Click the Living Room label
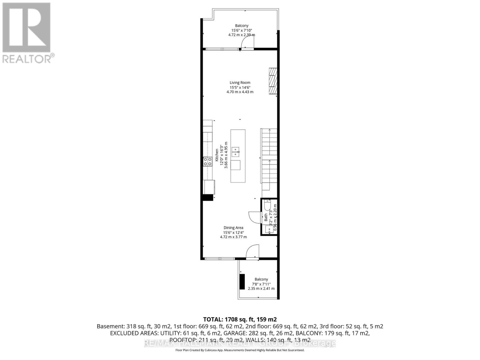click(240, 82)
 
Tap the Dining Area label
click(233, 228)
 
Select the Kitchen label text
click(217, 155)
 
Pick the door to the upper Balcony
click(247, 44)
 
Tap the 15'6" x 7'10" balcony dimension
click(241, 30)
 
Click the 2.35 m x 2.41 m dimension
click(261, 289)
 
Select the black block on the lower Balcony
click(242, 282)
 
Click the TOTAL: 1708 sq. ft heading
click(240, 319)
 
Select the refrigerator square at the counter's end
click(209, 187)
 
